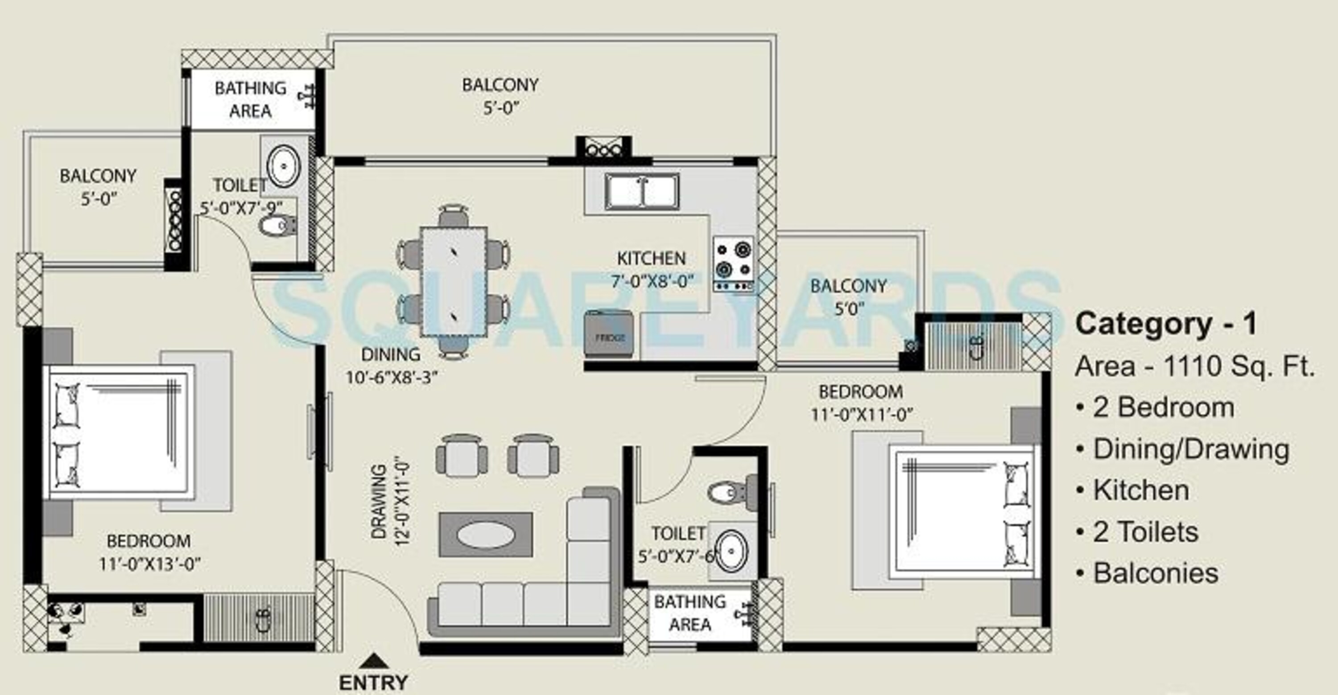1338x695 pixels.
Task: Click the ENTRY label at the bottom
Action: [373, 683]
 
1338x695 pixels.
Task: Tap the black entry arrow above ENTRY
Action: [373, 661]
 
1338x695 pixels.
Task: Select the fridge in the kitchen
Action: [609, 334]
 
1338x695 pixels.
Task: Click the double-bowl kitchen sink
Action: [642, 192]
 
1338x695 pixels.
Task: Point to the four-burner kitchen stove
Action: [733, 263]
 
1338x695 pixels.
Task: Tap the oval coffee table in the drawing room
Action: [486, 535]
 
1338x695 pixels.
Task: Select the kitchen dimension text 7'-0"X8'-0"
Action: [652, 281]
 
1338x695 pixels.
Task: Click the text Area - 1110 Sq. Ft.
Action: [1195, 366]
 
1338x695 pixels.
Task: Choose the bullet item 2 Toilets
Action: [1145, 532]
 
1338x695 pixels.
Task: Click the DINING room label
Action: [391, 354]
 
